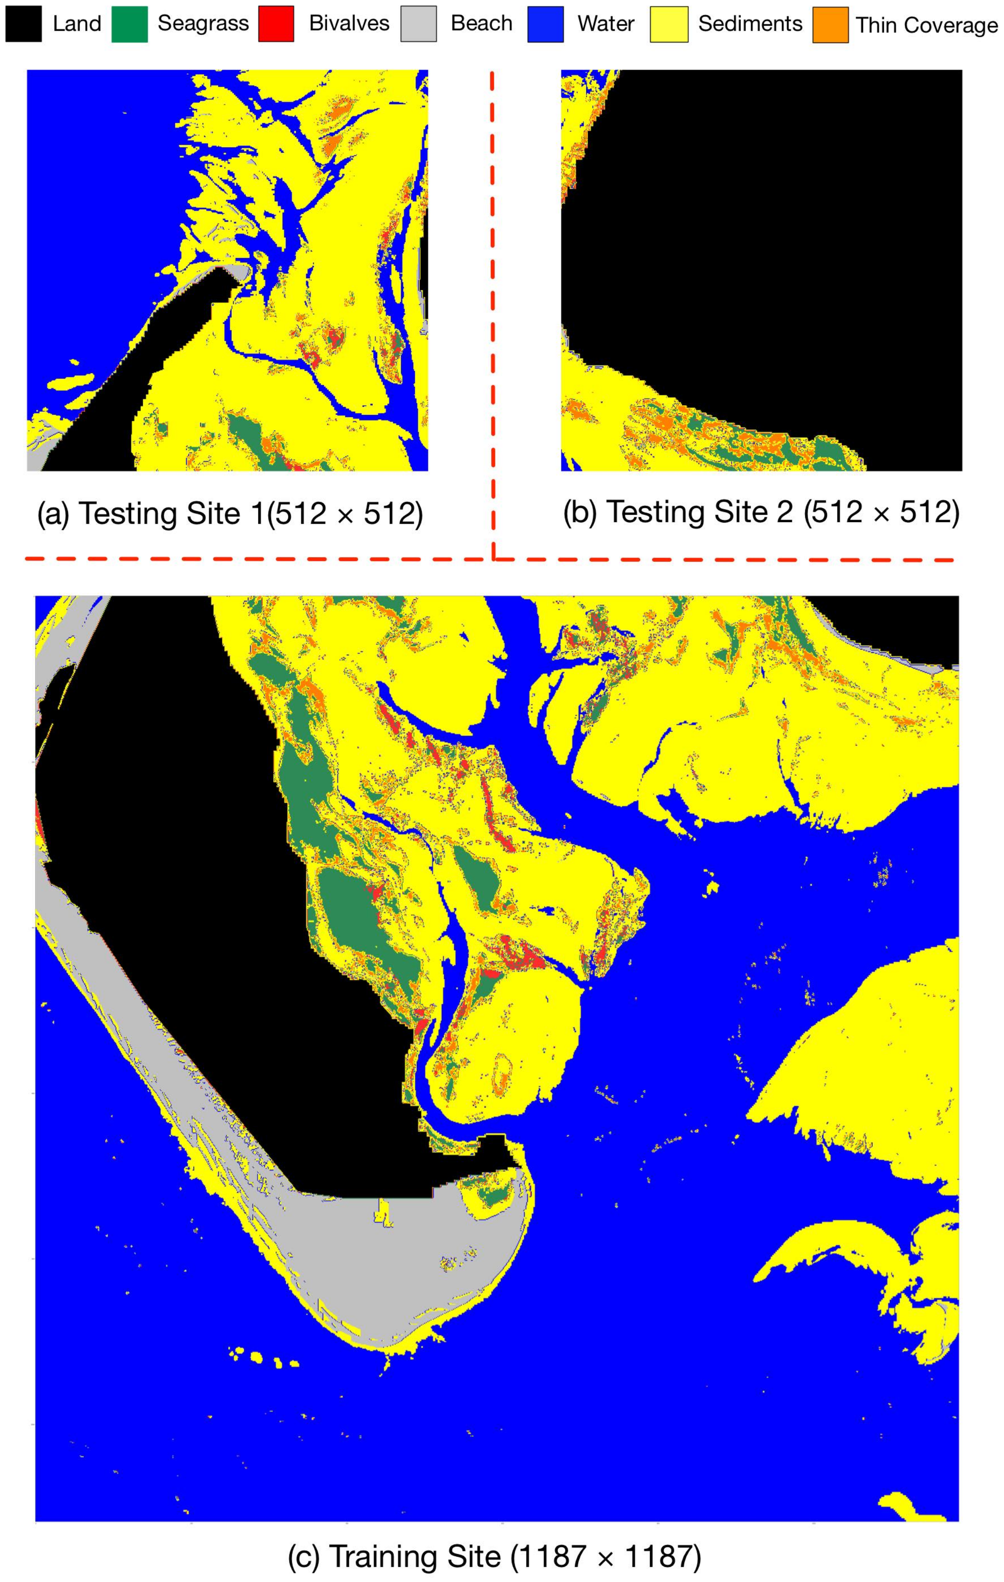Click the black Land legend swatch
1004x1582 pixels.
pyautogui.click(x=24, y=24)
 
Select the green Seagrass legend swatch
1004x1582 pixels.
pyautogui.click(x=129, y=24)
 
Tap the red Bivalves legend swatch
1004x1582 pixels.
pyautogui.click(x=276, y=24)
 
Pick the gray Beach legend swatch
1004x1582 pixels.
pyautogui.click(x=418, y=24)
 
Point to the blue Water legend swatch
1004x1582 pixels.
pyautogui.click(x=545, y=24)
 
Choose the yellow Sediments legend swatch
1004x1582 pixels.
pyautogui.click(x=668, y=24)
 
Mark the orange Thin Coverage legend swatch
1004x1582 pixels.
pyautogui.click(x=830, y=25)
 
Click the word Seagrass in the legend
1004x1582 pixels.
pyautogui.click(x=203, y=24)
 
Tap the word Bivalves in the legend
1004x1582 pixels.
pyautogui.click(x=349, y=24)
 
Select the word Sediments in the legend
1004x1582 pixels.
pyautogui.click(x=750, y=24)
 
